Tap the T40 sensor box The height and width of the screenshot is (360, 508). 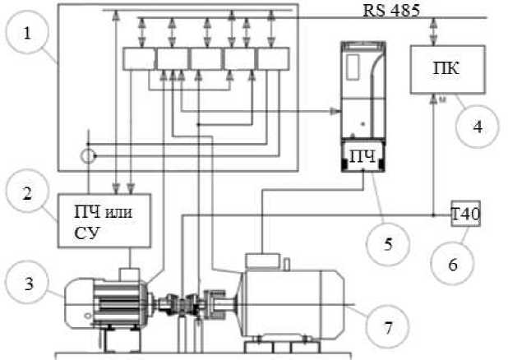[467, 215]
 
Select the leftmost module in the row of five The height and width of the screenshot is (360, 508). [138, 59]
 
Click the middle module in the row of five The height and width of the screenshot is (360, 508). [206, 59]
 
